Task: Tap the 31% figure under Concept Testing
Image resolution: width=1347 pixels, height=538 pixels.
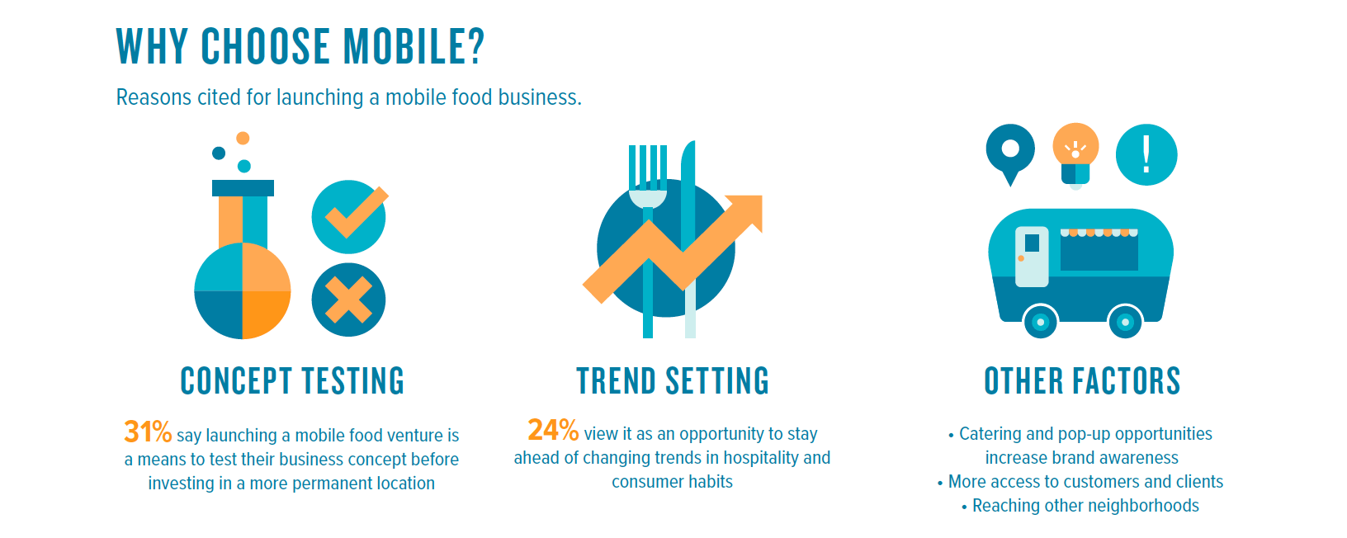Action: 148,432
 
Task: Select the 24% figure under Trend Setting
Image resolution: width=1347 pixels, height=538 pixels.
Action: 553,430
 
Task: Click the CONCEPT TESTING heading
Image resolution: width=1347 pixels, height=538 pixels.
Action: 292,381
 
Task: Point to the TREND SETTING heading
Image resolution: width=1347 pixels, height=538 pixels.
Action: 673,381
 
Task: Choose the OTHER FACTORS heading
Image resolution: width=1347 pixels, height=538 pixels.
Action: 1082,381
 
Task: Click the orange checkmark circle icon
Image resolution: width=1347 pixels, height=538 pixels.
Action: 349,216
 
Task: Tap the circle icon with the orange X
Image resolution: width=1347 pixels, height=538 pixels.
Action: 349,300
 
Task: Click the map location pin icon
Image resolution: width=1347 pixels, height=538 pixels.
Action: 1010,153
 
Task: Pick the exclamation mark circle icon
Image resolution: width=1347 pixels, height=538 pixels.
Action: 1146,154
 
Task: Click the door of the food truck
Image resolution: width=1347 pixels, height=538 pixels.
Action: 1032,257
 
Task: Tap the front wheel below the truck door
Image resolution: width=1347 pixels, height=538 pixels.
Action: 1040,322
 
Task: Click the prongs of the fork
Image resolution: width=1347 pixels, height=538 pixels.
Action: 648,168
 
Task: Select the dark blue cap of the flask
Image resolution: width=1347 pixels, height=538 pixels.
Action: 243,188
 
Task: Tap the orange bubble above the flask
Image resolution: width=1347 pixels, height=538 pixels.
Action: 243,139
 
